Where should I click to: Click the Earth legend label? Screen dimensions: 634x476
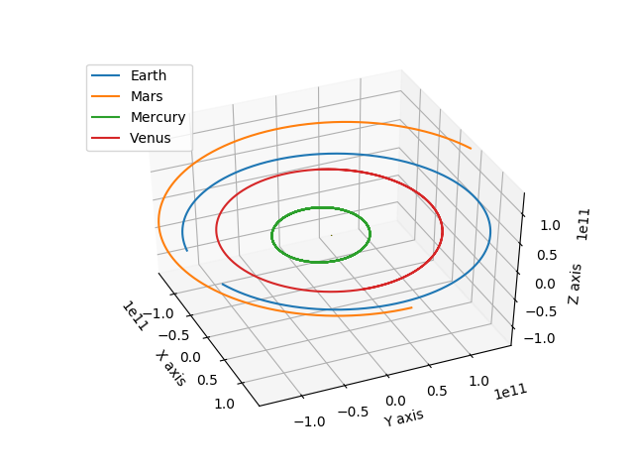149,75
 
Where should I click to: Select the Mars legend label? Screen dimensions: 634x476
147,96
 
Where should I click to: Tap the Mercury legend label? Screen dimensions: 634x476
158,117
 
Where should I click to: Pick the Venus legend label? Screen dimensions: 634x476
150,138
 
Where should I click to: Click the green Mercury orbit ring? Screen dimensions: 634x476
271,235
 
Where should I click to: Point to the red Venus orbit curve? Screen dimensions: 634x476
216,231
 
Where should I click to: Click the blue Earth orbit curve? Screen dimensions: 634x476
490,231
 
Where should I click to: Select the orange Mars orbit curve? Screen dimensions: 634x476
158,222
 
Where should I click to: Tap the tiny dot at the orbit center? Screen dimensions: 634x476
332,235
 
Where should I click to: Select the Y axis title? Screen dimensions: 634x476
403,417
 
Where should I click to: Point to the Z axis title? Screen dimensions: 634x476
575,285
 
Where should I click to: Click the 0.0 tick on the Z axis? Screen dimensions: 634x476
546,284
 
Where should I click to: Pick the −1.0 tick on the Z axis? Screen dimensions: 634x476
539,338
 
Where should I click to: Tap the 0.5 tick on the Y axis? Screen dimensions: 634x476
437,391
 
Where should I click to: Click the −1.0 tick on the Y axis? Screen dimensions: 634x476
309,421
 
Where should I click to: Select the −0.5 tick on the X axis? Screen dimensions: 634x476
173,335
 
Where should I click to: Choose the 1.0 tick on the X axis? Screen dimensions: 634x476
225,404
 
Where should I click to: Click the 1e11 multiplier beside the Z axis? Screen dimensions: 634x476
582,225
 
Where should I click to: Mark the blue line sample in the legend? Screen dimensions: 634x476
106,75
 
